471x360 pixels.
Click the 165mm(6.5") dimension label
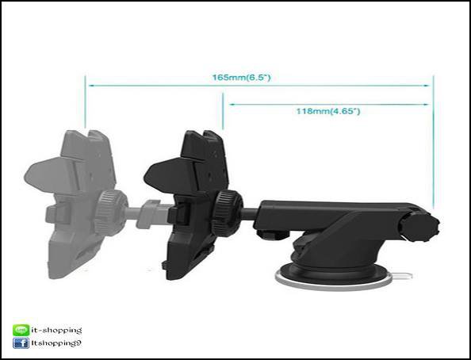(242, 78)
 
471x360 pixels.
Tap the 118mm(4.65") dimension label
(328, 112)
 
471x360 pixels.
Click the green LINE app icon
(21, 330)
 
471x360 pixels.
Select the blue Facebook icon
(21, 343)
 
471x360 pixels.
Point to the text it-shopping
(56, 330)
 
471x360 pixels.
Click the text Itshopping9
(56, 343)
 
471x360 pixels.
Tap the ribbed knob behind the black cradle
(227, 213)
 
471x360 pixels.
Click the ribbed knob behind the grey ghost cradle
(111, 213)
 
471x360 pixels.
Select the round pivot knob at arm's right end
(420, 226)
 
